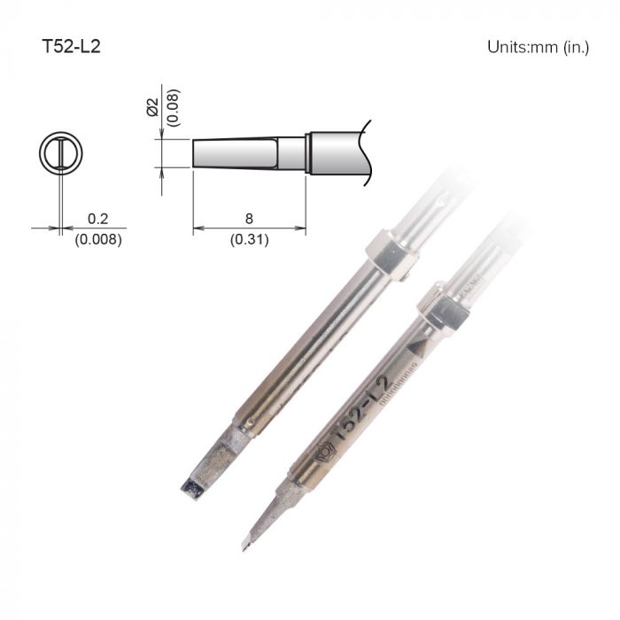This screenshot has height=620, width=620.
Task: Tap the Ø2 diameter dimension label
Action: pos(151,108)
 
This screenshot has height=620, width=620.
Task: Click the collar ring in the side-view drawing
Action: pos(309,153)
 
